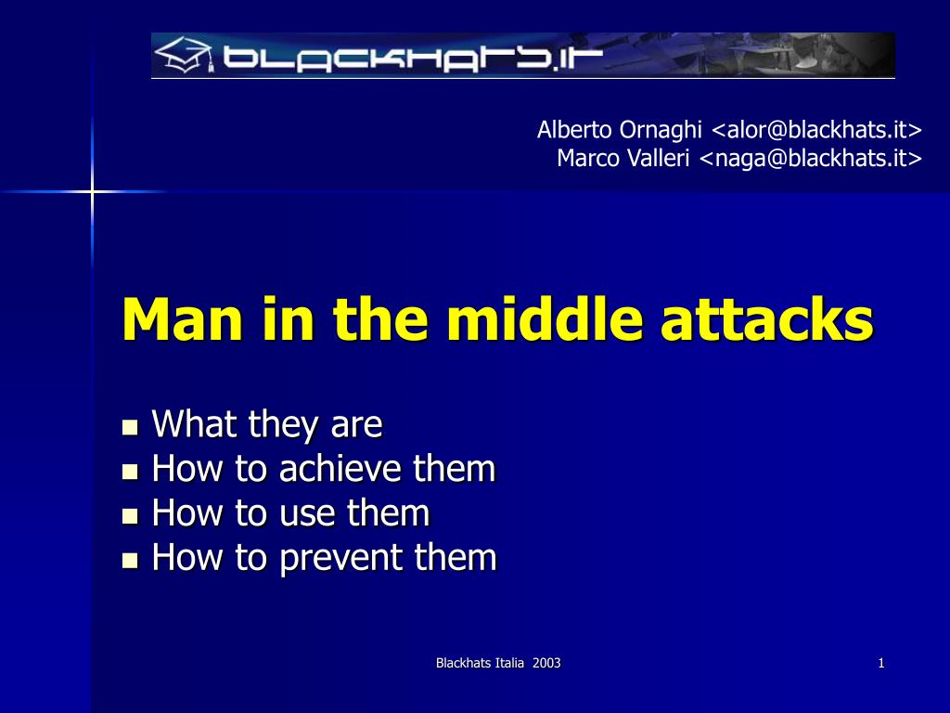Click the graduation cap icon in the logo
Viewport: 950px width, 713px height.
click(184, 55)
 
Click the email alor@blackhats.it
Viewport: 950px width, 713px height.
click(816, 130)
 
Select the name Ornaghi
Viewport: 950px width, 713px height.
click(661, 131)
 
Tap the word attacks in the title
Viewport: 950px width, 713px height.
click(766, 319)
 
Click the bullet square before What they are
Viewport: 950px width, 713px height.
click(130, 427)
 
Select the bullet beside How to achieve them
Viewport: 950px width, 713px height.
click(130, 472)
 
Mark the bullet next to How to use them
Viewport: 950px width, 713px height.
click(130, 516)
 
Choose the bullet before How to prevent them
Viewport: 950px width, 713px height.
click(130, 560)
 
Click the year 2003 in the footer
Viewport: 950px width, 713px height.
click(546, 663)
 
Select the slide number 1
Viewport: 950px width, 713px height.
click(881, 663)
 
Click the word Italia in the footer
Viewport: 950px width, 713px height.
click(509, 663)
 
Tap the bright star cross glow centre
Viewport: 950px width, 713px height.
click(92, 192)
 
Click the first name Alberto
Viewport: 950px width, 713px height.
click(574, 130)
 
